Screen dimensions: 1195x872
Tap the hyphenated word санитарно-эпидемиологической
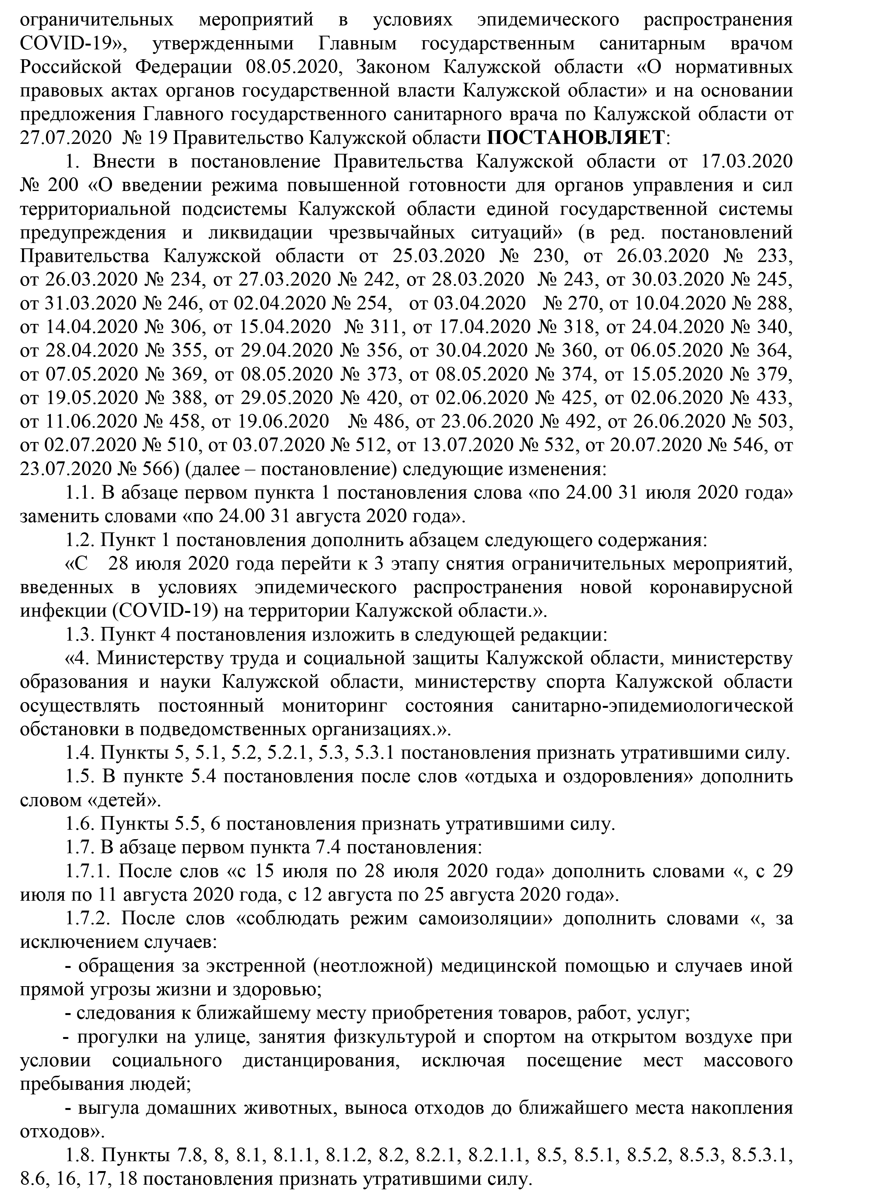point(652,706)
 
